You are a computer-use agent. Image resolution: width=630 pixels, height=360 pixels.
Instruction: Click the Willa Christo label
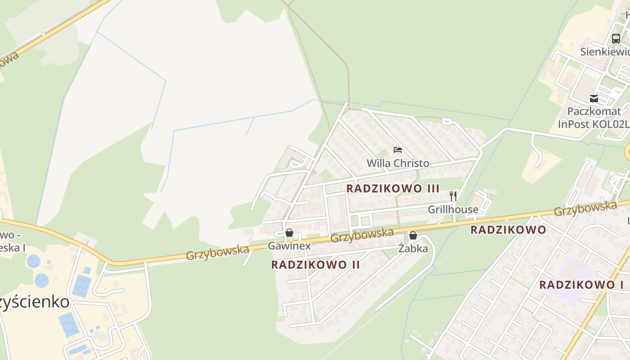click(x=398, y=163)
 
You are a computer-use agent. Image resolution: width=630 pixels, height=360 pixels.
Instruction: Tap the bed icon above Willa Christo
click(x=398, y=149)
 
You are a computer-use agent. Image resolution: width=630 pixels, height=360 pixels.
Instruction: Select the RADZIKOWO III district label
click(x=393, y=189)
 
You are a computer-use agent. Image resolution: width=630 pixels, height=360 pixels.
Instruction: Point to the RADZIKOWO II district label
click(x=315, y=265)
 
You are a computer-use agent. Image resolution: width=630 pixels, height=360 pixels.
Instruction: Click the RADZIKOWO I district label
click(x=581, y=285)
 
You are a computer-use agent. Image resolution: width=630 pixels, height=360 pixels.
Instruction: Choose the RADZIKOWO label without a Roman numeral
click(x=508, y=230)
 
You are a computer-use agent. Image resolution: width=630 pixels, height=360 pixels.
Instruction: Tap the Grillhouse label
click(x=453, y=209)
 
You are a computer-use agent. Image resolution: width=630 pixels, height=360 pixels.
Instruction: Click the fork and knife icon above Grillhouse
click(x=453, y=196)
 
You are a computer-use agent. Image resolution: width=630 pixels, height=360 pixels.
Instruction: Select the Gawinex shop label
click(x=289, y=246)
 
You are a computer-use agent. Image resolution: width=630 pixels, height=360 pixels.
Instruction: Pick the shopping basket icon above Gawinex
click(x=289, y=233)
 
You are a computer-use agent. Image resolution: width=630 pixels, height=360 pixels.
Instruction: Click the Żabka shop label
click(x=413, y=248)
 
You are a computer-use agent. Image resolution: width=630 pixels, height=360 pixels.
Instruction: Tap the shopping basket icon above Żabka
click(x=413, y=235)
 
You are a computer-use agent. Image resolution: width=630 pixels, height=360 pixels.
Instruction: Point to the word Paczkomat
click(x=594, y=111)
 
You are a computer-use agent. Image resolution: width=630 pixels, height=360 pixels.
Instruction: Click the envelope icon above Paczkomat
click(x=594, y=98)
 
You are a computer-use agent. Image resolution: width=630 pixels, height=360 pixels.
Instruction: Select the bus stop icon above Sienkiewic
click(x=616, y=38)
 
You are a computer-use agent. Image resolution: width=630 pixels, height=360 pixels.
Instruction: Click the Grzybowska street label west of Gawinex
click(x=218, y=252)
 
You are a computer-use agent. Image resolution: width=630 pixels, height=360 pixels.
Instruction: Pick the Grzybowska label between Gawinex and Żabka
click(x=362, y=235)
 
